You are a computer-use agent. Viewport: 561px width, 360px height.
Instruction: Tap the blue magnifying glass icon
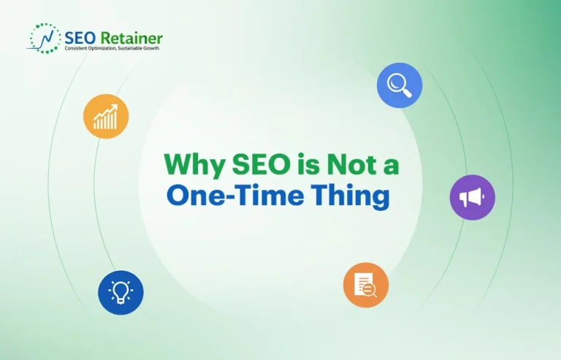click(400, 85)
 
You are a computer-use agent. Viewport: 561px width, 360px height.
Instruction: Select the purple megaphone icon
click(472, 197)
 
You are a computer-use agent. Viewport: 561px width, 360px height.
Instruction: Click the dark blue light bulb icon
click(121, 292)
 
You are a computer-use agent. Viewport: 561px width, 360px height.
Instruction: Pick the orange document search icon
click(365, 286)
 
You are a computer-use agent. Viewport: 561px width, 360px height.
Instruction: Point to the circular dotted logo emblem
click(45, 38)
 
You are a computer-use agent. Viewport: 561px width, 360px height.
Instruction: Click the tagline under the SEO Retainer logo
click(111, 48)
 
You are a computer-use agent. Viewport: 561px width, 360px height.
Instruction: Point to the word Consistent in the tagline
click(77, 48)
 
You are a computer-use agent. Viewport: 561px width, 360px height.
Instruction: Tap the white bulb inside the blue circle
click(121, 292)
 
